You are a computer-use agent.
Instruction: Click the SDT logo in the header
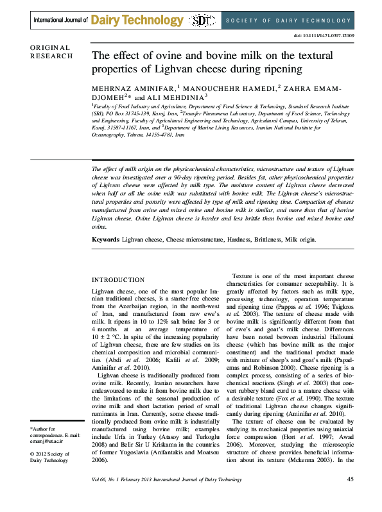click(204, 20)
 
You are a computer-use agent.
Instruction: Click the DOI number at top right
click(326, 36)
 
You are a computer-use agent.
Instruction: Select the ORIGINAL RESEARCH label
click(51, 52)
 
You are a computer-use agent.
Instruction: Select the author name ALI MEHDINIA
click(190, 97)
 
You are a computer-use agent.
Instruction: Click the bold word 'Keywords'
click(106, 239)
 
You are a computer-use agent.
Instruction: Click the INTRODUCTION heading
click(118, 280)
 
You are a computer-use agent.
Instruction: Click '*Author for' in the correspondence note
click(43, 428)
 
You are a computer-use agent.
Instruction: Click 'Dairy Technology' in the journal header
click(137, 21)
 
